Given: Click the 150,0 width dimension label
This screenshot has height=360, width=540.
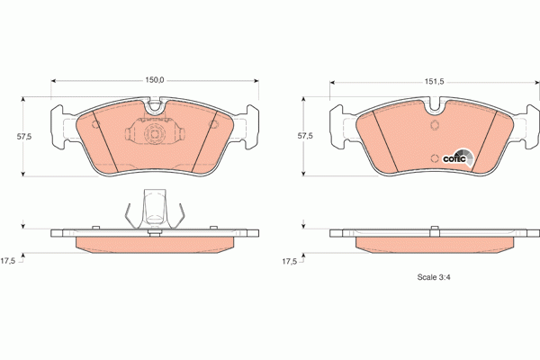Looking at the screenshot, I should [155, 80].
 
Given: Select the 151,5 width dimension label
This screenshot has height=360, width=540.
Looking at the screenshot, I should [436, 80].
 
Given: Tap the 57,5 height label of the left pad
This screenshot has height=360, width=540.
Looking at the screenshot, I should [24, 136].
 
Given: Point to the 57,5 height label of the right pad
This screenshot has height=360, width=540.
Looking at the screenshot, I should [305, 136].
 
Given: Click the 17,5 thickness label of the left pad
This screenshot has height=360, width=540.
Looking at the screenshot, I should [8, 261].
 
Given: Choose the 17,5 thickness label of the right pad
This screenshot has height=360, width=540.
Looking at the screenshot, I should [289, 261].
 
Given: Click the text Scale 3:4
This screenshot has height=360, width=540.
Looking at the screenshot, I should [434, 276].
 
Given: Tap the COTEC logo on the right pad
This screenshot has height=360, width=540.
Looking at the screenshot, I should [455, 157].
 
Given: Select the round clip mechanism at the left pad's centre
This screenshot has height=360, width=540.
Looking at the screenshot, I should [154, 135].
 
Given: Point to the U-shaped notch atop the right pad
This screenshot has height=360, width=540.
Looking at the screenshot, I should [436, 114].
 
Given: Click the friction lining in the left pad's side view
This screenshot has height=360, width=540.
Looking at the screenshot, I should [154, 244].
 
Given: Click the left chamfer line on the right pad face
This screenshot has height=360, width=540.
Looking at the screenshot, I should [382, 139].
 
